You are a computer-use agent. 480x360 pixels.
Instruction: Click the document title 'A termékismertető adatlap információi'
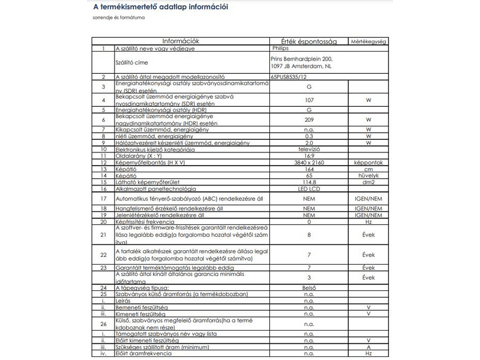click(160, 7)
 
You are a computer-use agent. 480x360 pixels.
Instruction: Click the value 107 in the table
click(309, 100)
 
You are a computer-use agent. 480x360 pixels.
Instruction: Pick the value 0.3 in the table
click(309, 136)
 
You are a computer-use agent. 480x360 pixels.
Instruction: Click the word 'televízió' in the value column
click(309, 149)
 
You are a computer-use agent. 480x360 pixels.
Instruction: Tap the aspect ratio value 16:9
click(309, 156)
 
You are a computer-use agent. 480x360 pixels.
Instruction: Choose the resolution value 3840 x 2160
click(309, 163)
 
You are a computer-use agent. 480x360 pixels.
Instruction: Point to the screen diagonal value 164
click(309, 169)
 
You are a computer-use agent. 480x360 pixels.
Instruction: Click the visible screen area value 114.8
click(309, 182)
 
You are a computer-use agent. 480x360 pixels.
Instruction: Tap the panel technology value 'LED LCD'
click(309, 189)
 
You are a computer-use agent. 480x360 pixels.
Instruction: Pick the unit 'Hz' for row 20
click(368, 221)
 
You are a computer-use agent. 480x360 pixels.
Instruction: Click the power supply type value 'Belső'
click(309, 288)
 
